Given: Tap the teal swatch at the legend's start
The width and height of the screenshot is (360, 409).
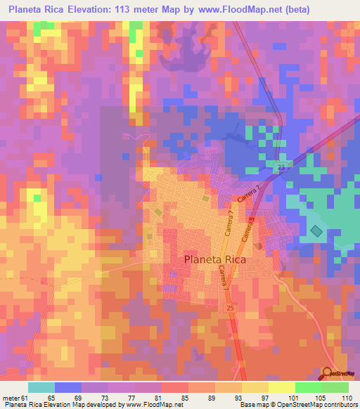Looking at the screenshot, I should point(41,388).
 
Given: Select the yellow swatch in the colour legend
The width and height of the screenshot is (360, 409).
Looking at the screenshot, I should point(255,388).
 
